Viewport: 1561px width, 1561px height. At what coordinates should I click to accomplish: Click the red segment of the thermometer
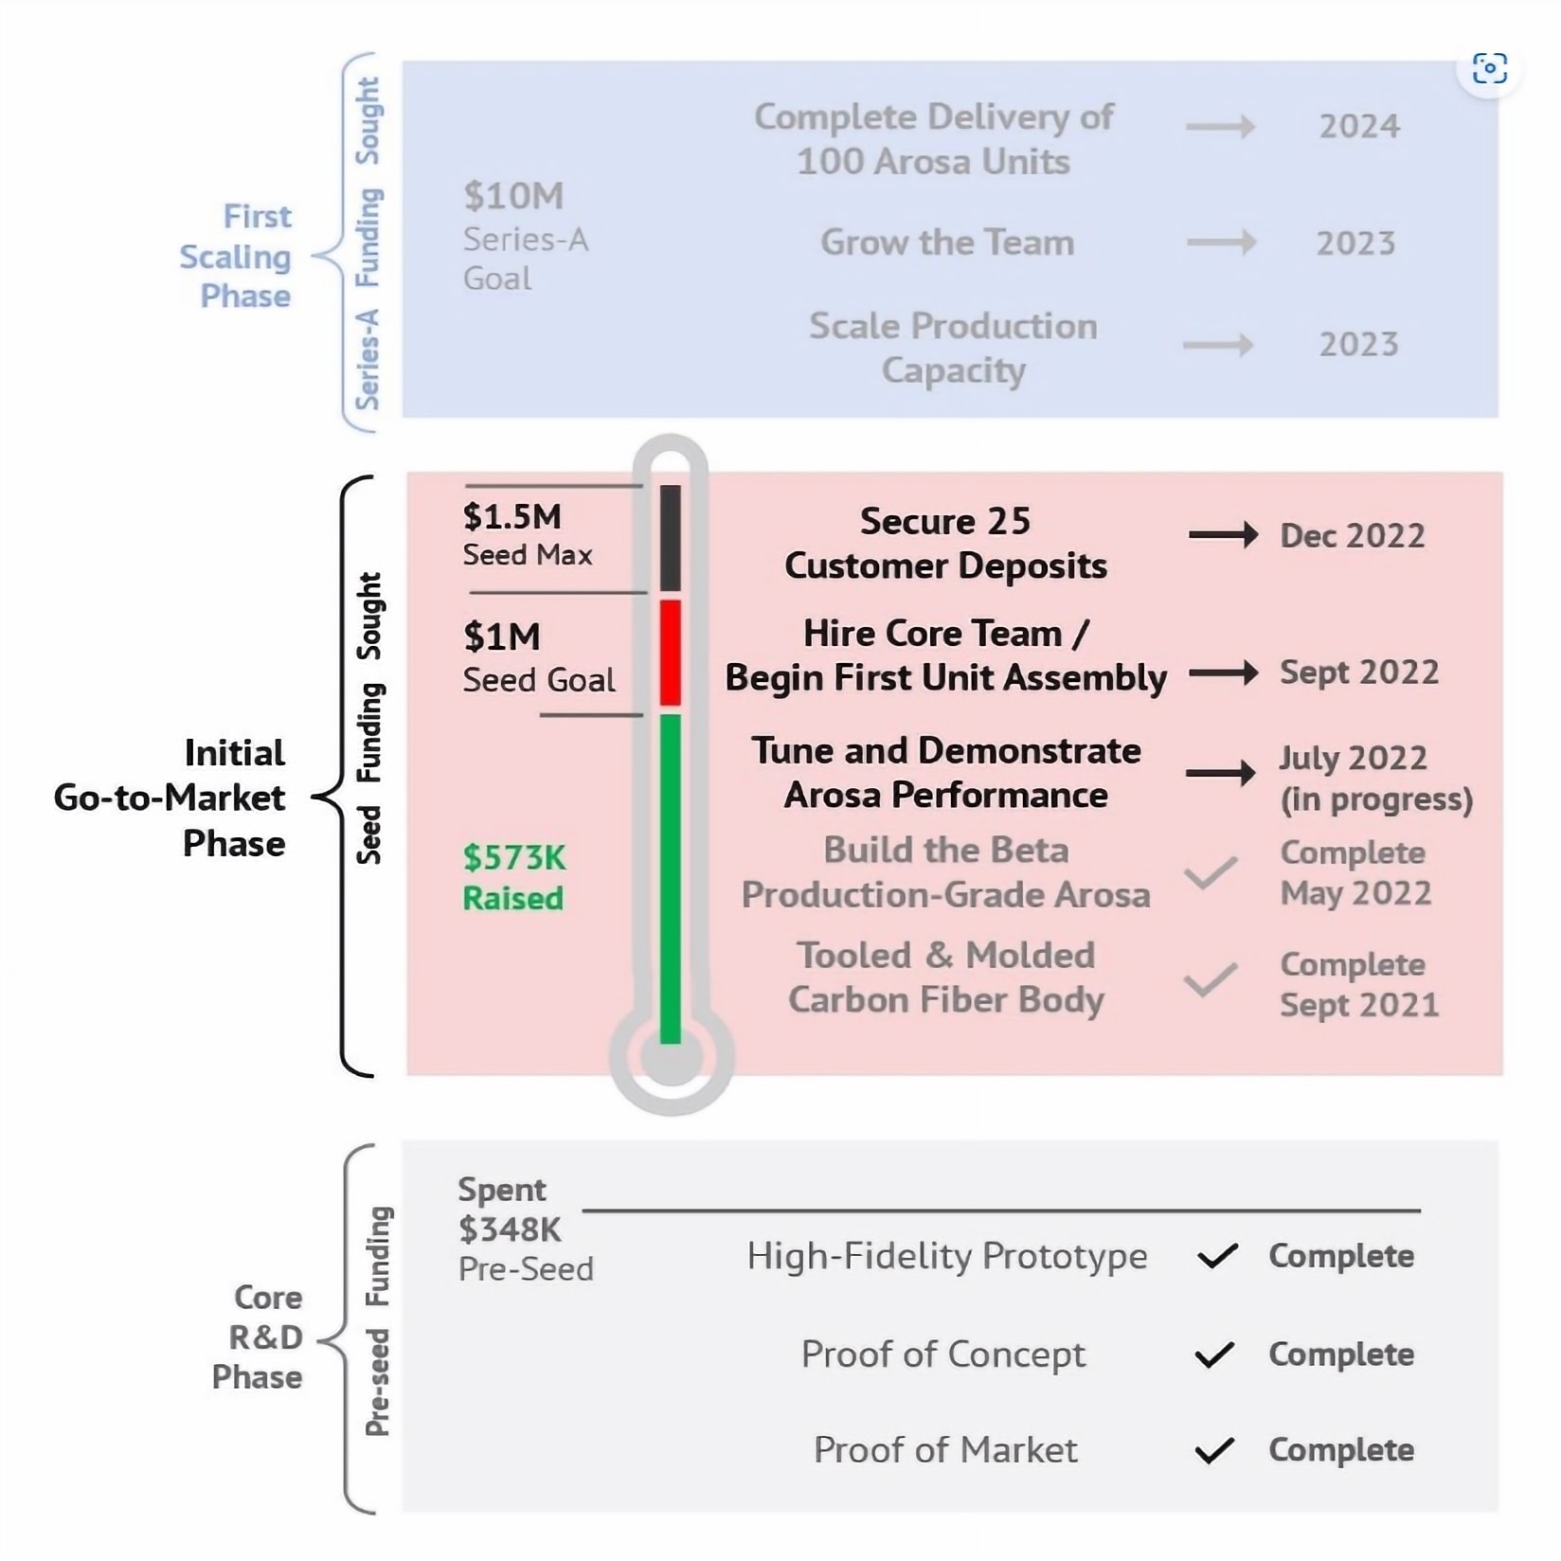tap(671, 653)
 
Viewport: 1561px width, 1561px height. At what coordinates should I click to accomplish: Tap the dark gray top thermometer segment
tap(671, 538)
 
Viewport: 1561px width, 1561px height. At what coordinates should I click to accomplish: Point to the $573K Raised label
tap(513, 877)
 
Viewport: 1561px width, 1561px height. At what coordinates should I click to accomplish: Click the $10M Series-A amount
tap(513, 196)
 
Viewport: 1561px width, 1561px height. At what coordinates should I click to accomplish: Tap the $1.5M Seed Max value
tap(512, 517)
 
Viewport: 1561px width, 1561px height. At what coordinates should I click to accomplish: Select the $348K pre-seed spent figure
tap(510, 1229)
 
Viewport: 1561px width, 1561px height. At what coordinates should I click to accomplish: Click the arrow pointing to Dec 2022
tap(1223, 535)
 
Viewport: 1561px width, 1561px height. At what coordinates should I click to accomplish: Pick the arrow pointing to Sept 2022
tap(1223, 673)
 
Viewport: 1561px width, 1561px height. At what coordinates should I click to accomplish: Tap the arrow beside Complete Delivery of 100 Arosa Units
tap(1220, 126)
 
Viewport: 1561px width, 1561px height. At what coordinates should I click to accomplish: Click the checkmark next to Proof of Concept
tap(1214, 1355)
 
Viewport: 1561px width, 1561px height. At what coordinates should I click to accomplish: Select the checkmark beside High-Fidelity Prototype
tap(1216, 1256)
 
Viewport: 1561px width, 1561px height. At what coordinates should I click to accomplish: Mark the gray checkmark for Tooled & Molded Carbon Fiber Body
tap(1211, 979)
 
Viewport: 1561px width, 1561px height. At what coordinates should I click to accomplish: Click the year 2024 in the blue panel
tap(1359, 126)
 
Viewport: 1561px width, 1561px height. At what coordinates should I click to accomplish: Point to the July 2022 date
tap(1353, 758)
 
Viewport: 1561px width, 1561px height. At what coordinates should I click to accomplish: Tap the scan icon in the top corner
tap(1489, 68)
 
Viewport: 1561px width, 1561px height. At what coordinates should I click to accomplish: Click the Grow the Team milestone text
tap(947, 242)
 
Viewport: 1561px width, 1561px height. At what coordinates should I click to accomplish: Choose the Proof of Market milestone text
tap(945, 1450)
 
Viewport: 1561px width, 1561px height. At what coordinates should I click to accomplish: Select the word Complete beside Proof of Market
tap(1340, 1450)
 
